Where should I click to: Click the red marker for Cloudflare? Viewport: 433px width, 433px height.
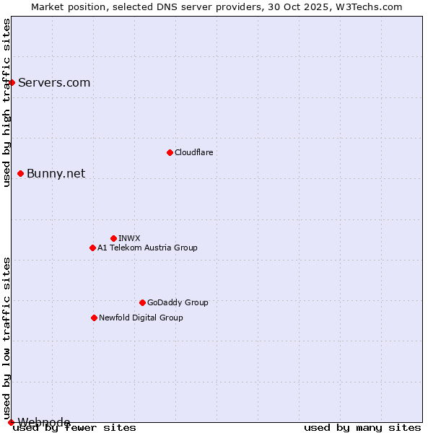[170, 152]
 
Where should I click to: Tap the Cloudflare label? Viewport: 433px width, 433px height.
[194, 152]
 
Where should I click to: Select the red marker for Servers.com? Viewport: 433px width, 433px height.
[12, 82]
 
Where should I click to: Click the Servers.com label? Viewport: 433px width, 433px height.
[54, 82]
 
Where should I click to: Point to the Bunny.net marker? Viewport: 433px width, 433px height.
[20, 173]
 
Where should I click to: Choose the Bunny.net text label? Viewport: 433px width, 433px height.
[56, 173]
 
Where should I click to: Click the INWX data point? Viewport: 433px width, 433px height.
[113, 238]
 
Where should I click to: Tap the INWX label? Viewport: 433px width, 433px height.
[129, 238]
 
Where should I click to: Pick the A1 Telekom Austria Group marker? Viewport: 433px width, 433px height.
[92, 248]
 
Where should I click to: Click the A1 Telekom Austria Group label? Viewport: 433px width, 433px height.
[147, 248]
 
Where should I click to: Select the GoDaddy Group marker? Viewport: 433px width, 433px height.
[142, 302]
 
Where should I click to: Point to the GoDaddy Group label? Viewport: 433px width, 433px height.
[178, 302]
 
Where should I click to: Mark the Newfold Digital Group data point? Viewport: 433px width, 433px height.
[94, 318]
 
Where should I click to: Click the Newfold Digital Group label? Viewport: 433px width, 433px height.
[141, 318]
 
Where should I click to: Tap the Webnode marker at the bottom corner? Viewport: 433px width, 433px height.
[11, 422]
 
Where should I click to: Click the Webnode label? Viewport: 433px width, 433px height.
[44, 422]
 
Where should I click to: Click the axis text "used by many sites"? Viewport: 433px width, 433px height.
[362, 427]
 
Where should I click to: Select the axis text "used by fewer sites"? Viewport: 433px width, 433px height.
[75, 427]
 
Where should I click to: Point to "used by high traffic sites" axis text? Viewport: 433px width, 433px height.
[6, 102]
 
